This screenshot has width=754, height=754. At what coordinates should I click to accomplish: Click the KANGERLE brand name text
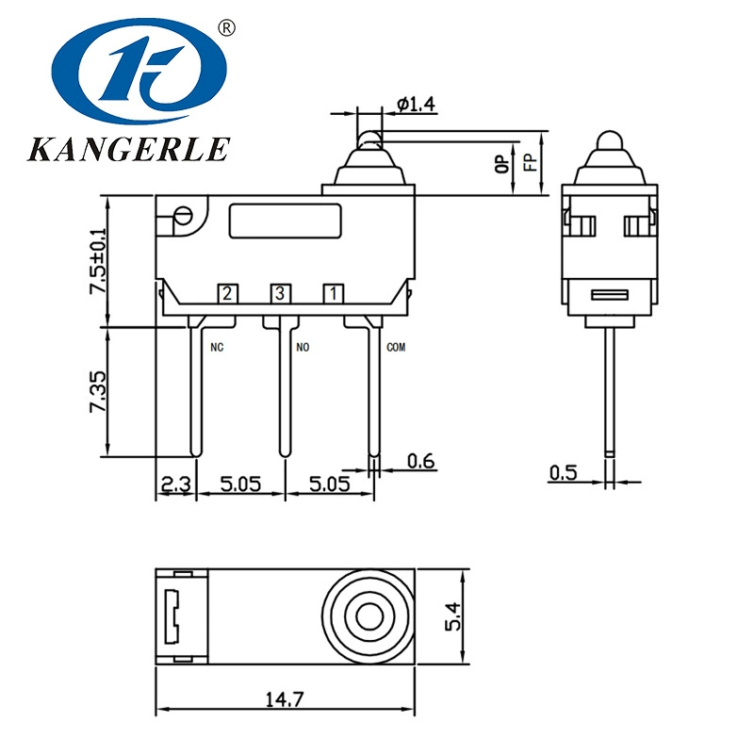point(129,149)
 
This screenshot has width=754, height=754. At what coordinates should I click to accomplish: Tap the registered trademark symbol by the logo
point(226,28)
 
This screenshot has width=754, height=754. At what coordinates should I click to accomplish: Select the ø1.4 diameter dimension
point(416,104)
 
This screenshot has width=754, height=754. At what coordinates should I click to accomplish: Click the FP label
point(530,162)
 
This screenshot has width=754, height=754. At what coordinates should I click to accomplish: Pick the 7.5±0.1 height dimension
point(99,261)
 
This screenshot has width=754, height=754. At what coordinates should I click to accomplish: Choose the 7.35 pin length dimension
point(99,391)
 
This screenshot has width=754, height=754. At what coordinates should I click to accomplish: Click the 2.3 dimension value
point(176,484)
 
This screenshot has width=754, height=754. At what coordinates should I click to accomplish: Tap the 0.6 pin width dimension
point(420,461)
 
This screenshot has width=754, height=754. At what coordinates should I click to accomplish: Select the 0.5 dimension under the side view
point(563,473)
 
